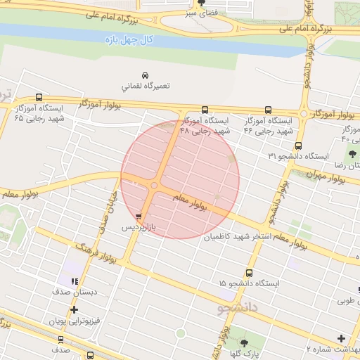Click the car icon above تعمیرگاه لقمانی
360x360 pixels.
pos(145,75)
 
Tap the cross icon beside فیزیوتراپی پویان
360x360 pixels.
pos(74,309)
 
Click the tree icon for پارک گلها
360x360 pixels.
pos(244,343)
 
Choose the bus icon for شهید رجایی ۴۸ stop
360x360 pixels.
pos(205,109)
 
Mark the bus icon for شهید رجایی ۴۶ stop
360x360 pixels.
pos(268,109)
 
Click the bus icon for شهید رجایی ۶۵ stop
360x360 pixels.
pos(39,98)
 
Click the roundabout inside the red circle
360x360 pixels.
pos(154,186)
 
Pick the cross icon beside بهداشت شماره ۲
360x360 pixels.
pos(342,338)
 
